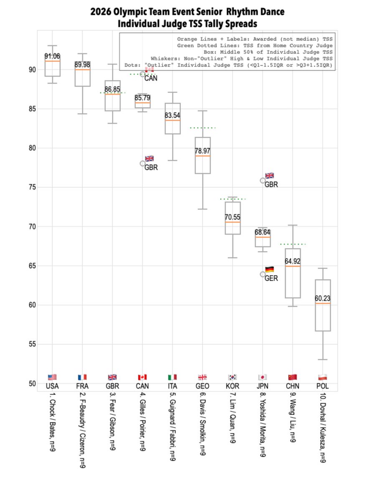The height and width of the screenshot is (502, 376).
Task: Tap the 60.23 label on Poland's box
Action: coord(323,299)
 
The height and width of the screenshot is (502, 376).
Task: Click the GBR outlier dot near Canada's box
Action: coord(143,164)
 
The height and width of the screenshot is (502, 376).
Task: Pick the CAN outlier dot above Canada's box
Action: coord(143,74)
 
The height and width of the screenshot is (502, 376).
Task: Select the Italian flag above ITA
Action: coord(173,377)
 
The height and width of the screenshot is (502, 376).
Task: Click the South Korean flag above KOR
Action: coord(233,377)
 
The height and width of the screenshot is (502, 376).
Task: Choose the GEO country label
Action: coord(203,386)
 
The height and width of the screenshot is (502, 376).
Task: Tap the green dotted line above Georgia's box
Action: coord(203,128)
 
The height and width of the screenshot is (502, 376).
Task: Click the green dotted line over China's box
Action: coord(293,244)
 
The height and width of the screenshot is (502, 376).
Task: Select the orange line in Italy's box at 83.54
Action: coord(173,120)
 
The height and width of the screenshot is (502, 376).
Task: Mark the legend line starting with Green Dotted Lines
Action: coord(255,45)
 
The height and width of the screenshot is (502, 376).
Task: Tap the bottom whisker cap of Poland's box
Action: coord(323,359)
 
